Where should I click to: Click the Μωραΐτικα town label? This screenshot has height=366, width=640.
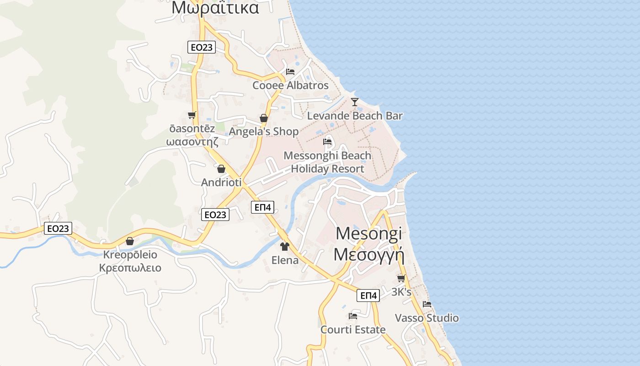tap(215, 8)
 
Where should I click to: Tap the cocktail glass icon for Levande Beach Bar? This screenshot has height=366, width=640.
tap(355, 102)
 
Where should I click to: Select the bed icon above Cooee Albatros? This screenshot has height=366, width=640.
tap(290, 72)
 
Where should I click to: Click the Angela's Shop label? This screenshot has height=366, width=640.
tap(264, 132)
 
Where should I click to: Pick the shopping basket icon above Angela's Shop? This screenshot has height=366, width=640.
tap(264, 118)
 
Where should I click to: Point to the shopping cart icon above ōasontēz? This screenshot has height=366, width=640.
tap(192, 115)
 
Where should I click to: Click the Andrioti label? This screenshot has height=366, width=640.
tap(221, 182)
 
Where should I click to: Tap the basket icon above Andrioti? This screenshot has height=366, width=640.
tap(221, 169)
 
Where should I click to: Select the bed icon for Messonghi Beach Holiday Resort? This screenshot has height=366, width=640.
tap(327, 142)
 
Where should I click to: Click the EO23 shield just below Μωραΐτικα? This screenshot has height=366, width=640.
tap(202, 47)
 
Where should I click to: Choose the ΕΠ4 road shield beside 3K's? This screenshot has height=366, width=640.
tap(368, 296)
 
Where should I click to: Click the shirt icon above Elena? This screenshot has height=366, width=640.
tap(285, 247)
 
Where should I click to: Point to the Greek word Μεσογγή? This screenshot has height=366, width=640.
tap(369, 254)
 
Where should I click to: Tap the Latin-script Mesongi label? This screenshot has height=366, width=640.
tap(369, 233)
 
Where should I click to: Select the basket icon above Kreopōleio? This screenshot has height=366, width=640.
tap(130, 241)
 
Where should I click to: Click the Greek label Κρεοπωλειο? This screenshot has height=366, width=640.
tap(130, 268)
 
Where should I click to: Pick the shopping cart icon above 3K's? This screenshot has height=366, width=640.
tap(401, 278)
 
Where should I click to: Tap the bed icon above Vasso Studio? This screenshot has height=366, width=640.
tap(427, 304)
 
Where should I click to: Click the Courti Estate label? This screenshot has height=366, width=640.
tap(353, 329)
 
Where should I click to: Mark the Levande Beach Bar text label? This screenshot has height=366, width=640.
tap(355, 116)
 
